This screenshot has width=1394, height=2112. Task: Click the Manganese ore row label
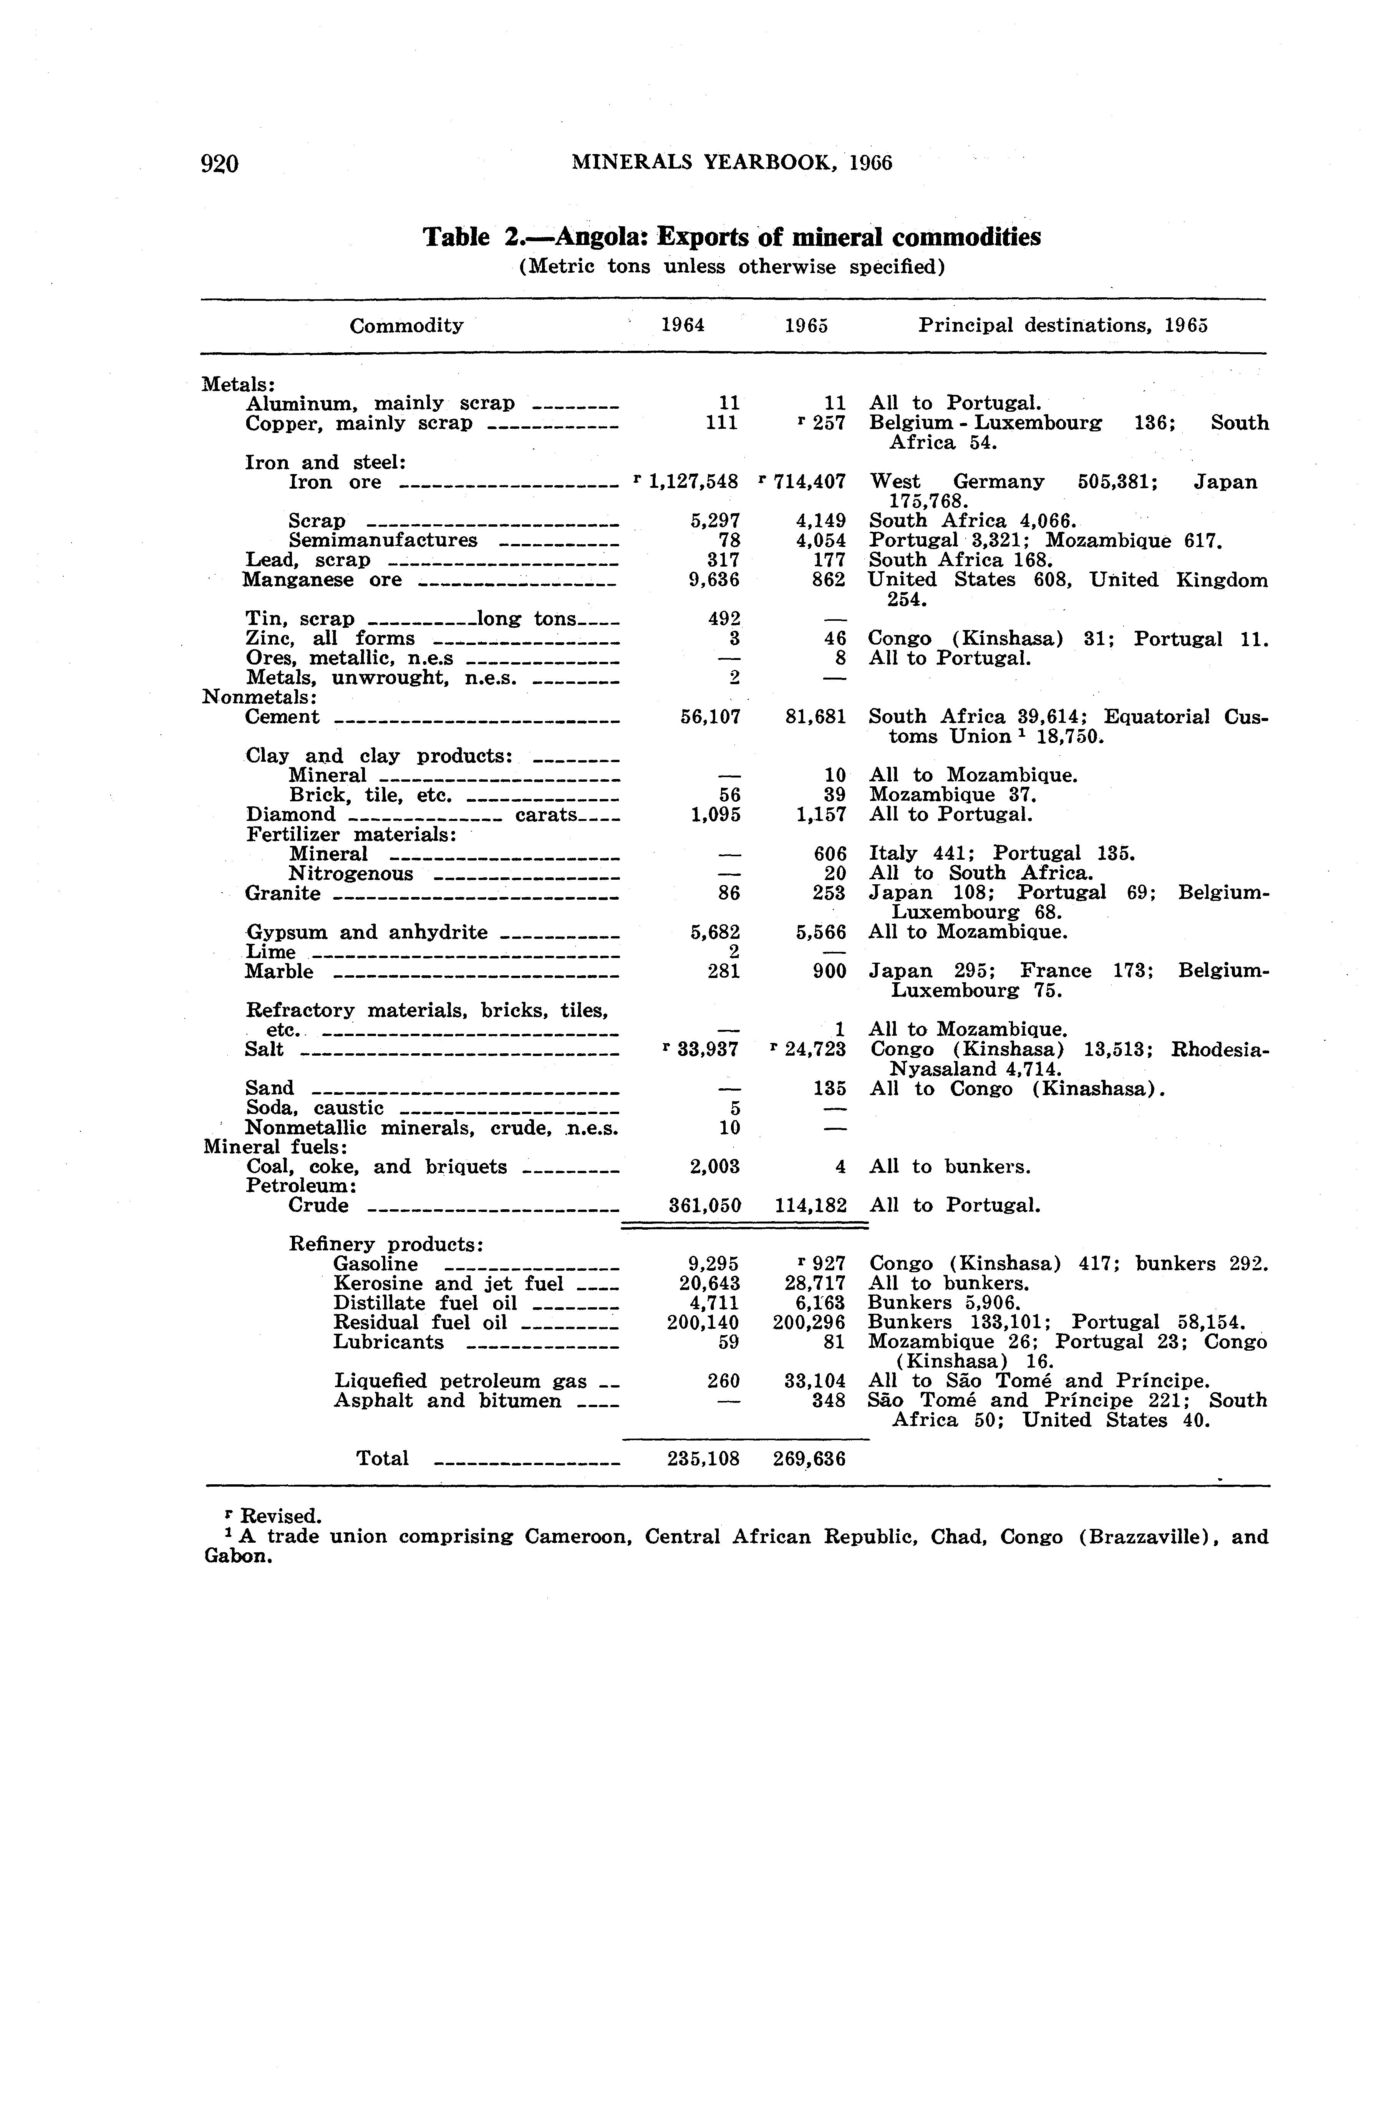pos(322,580)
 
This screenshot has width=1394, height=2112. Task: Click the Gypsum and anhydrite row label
pos(366,932)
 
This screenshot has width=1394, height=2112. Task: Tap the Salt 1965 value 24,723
pos(815,1050)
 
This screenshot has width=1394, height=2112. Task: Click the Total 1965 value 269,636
pos(809,1459)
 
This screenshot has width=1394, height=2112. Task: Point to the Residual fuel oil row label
pos(419,1323)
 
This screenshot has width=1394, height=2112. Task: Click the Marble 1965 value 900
pos(829,971)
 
